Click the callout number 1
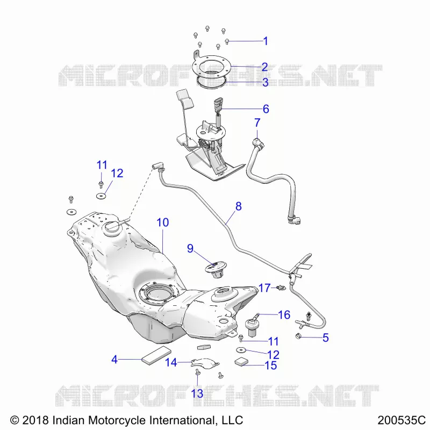pos(265,41)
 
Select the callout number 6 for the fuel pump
pos(266,109)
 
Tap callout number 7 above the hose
pos(257,123)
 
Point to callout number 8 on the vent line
pos(238,206)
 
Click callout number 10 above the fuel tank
pos(163,223)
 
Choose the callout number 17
pos(264,288)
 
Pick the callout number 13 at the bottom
pos(197,393)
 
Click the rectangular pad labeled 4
pos(156,355)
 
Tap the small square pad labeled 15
pos(241,362)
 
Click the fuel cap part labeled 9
pos(216,270)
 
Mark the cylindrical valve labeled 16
pos(252,326)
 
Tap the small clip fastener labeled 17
pos(281,288)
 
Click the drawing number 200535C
pos(402,420)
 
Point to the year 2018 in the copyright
pos(35,420)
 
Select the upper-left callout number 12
pos(117,173)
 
